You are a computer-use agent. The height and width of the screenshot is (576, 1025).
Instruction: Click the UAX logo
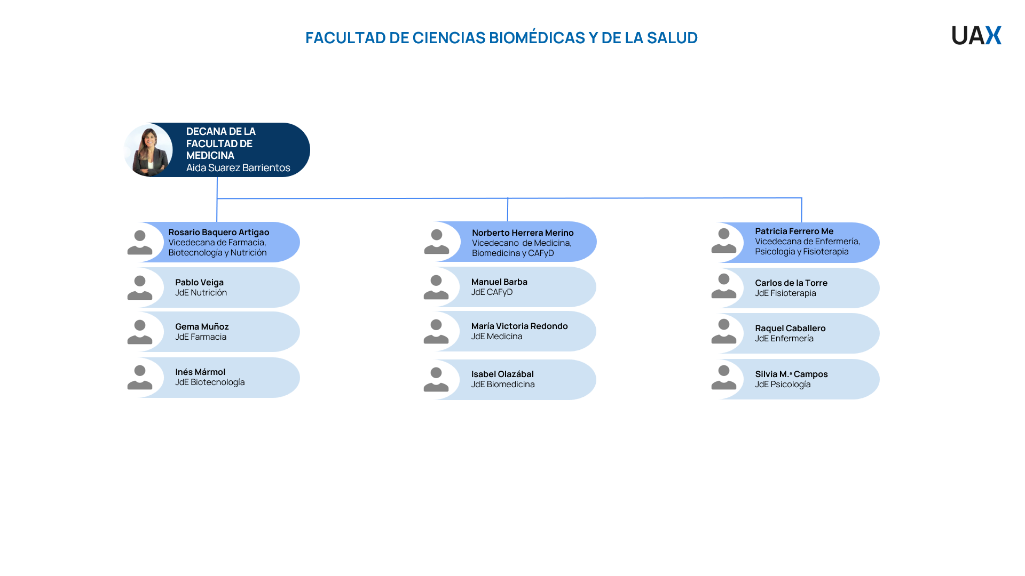click(976, 35)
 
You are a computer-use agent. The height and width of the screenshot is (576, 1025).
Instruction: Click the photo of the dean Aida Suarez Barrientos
click(148, 150)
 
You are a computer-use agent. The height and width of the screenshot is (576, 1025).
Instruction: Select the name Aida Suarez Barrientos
click(238, 167)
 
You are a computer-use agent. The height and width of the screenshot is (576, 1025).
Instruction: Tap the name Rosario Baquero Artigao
click(219, 232)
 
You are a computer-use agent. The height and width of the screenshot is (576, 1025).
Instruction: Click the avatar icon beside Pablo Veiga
click(140, 287)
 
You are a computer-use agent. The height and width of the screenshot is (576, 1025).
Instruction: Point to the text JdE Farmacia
click(201, 337)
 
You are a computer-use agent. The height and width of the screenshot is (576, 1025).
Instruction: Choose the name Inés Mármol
click(200, 372)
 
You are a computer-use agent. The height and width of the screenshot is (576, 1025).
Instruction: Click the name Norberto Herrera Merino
click(523, 233)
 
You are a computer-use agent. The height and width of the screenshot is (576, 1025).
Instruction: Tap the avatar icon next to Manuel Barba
click(436, 287)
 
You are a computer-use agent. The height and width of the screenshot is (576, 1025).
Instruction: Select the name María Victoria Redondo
click(519, 326)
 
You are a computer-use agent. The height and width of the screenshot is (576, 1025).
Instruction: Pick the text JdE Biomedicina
click(503, 384)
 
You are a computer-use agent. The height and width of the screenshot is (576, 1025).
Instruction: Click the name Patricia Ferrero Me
click(794, 231)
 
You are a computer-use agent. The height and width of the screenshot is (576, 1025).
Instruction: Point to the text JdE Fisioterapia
click(785, 293)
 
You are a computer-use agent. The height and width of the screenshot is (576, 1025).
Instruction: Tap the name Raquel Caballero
click(790, 328)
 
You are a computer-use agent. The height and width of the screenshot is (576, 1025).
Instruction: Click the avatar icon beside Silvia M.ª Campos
click(724, 378)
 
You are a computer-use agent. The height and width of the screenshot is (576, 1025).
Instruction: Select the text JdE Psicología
click(783, 384)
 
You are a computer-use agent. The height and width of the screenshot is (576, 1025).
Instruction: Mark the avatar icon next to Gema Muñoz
click(140, 332)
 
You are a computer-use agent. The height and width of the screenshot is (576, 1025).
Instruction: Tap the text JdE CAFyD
click(492, 292)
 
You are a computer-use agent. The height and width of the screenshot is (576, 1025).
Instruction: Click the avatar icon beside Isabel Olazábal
click(436, 379)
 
